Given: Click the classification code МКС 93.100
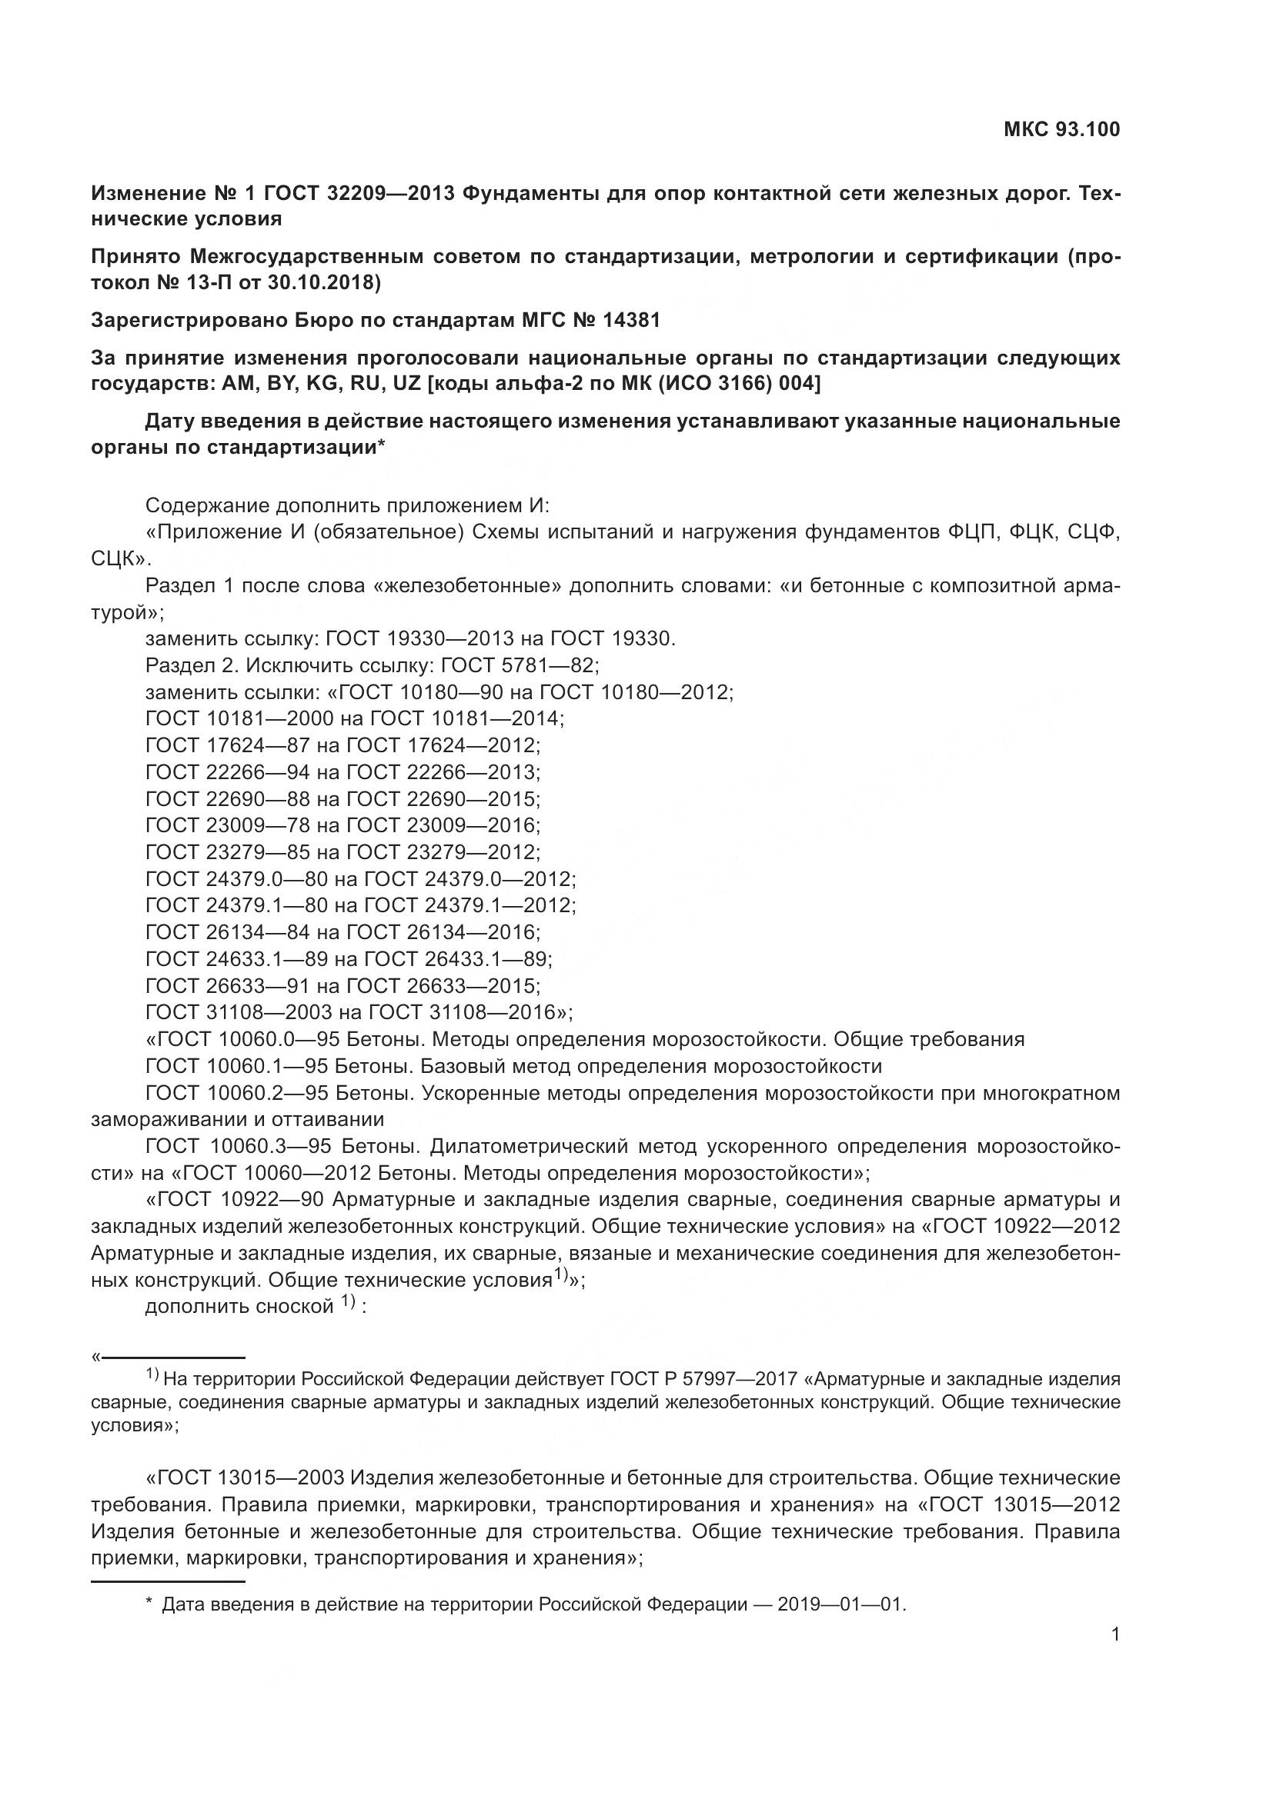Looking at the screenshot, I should coord(1061,130).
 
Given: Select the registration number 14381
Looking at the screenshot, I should coord(631,320).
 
